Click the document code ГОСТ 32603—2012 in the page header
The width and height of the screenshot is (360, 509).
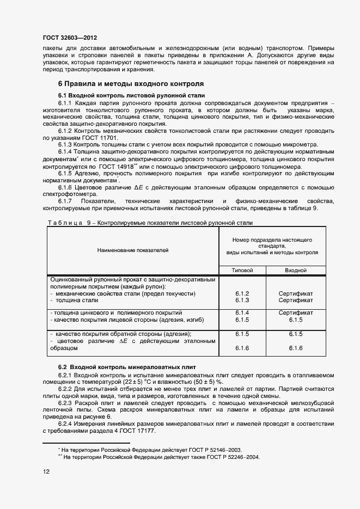pyautogui.click(x=70, y=38)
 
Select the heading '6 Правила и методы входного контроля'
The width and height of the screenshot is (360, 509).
pyautogui.click(x=131, y=84)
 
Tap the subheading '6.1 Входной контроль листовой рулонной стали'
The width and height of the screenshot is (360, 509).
pyautogui.click(x=131, y=95)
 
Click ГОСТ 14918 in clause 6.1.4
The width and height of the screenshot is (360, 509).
pyautogui.click(x=119, y=167)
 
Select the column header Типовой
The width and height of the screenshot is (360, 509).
pyautogui.click(x=242, y=270)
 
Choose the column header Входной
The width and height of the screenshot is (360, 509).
pyautogui.click(x=296, y=270)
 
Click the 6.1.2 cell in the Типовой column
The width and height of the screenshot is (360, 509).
pyautogui.click(x=242, y=293)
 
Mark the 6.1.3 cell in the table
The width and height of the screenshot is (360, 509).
pyautogui.click(x=242, y=300)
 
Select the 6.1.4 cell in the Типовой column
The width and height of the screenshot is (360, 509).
pyautogui.click(x=242, y=313)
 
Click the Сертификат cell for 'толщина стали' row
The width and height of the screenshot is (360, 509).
pyautogui.click(x=296, y=300)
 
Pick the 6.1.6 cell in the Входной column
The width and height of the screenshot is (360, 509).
pyautogui.click(x=296, y=348)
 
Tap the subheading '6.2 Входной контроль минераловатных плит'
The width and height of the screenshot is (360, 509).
pyautogui.click(x=127, y=368)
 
